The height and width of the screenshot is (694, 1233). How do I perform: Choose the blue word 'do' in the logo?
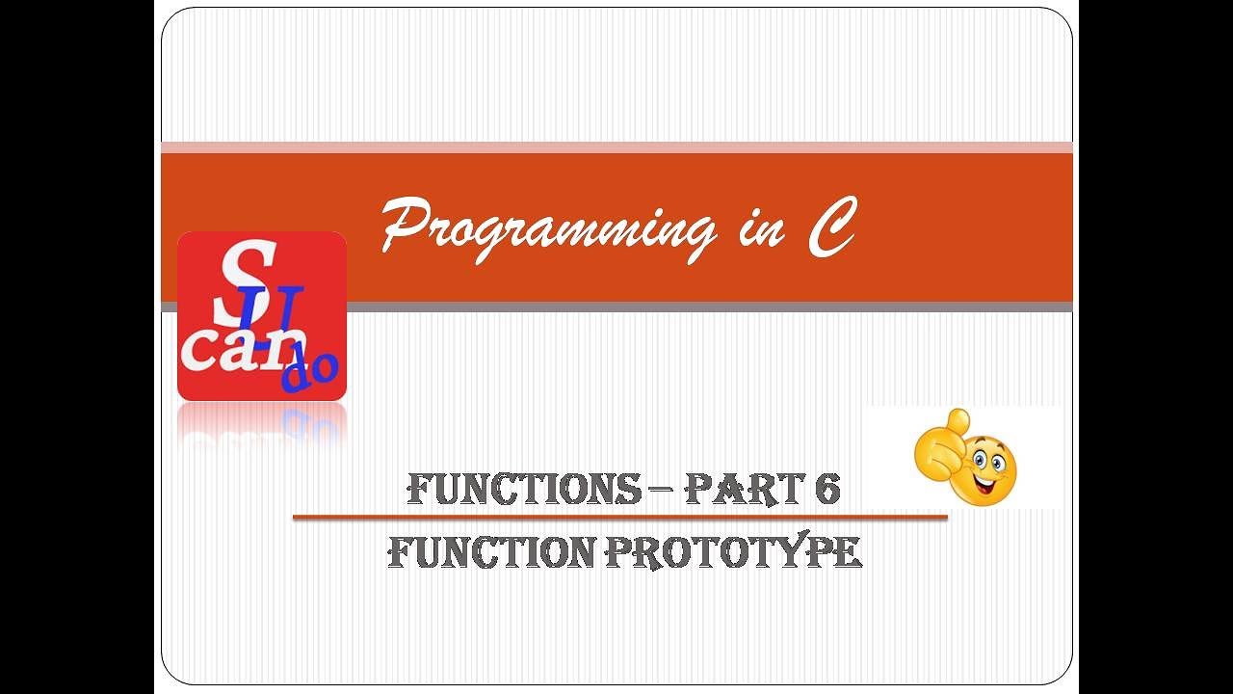point(309,371)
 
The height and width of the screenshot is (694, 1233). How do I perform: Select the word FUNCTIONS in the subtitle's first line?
point(524,490)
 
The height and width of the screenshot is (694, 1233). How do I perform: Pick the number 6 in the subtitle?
point(827,490)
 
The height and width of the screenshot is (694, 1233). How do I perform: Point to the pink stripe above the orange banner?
point(616,147)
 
